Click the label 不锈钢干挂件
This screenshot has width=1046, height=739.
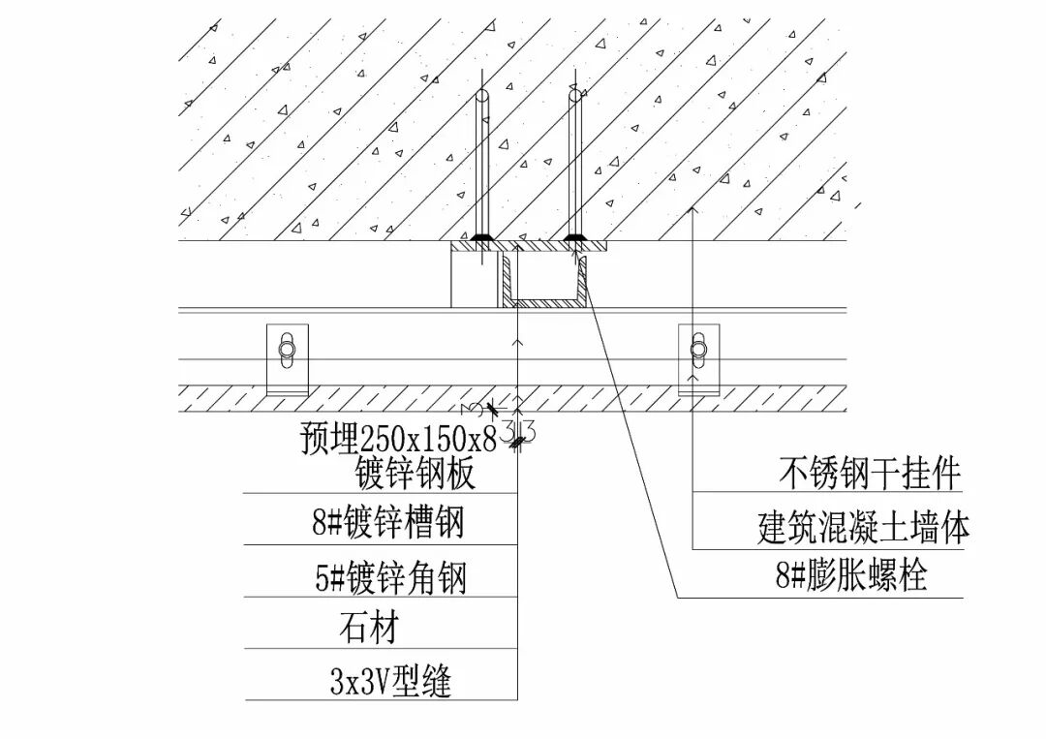point(869,475)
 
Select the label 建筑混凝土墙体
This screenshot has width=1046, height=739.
point(863,528)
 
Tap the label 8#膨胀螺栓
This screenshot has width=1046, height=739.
point(851,576)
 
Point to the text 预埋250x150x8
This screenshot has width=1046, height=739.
point(398,440)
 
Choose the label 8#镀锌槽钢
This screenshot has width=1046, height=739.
point(388,523)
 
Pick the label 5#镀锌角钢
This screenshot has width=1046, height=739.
point(390,578)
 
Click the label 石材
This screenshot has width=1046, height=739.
point(367,629)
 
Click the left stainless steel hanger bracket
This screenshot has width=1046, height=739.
point(287,358)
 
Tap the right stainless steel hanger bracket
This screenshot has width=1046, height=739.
point(699,358)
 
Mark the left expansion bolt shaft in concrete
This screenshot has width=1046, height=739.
point(480,165)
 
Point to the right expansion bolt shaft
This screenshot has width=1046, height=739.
point(575,165)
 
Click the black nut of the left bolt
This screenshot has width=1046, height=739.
point(480,237)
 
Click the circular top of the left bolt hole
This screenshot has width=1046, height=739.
point(480,96)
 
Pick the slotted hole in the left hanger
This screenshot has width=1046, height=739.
point(287,350)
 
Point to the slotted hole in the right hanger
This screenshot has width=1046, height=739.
point(699,349)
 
